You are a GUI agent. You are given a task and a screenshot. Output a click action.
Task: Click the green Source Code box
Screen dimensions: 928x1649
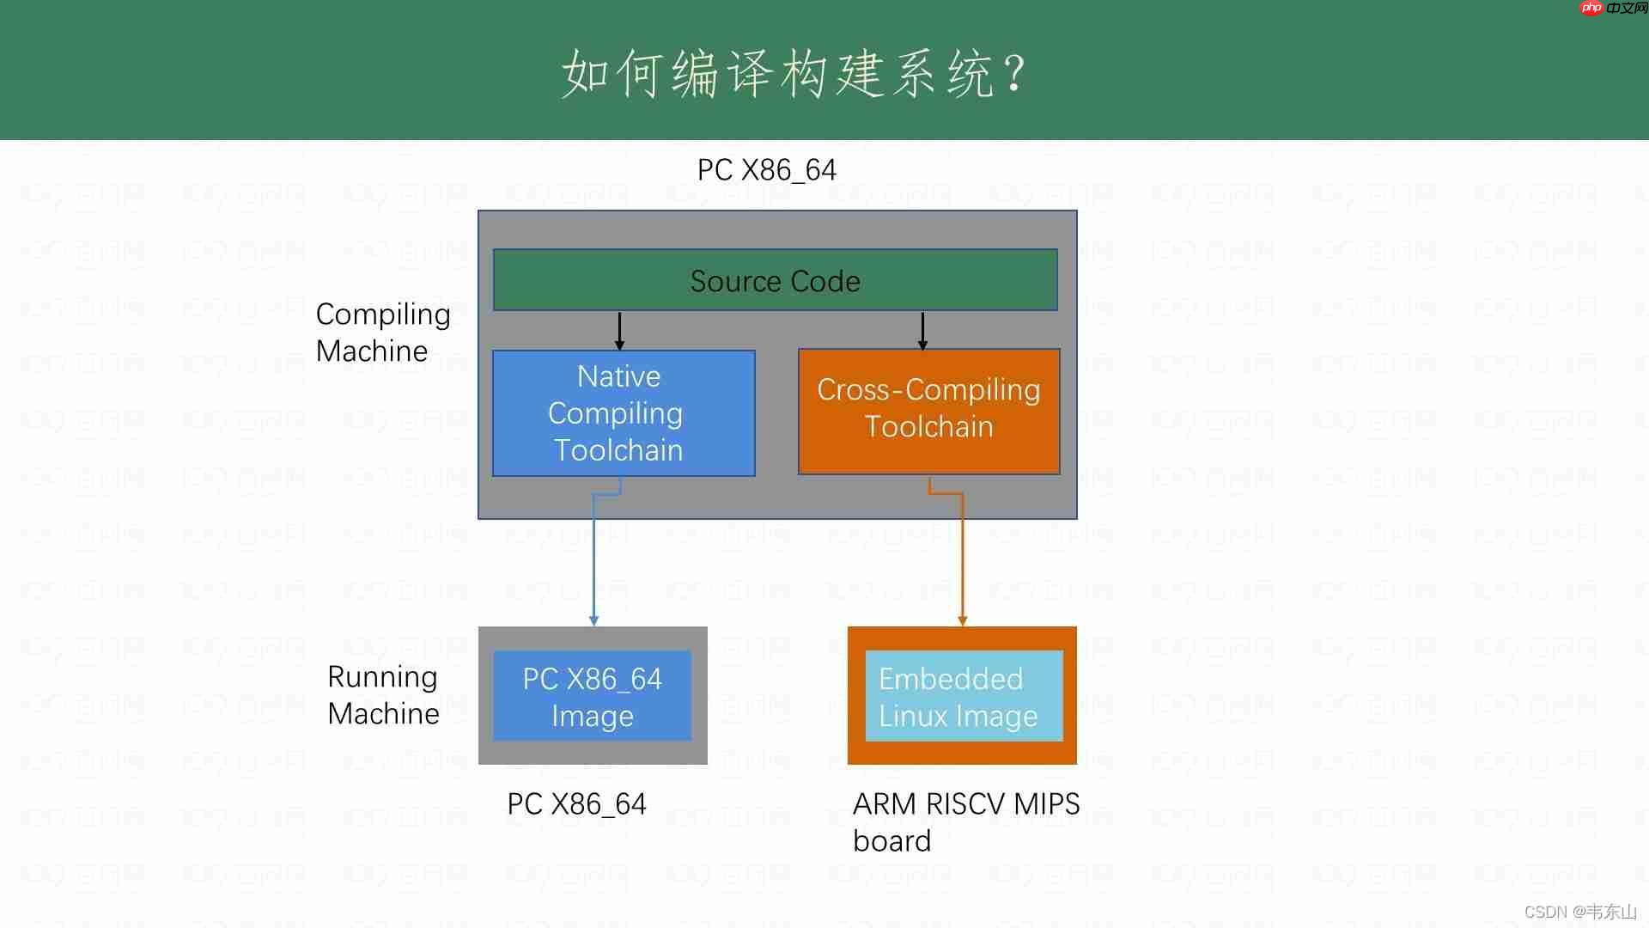[x=775, y=280]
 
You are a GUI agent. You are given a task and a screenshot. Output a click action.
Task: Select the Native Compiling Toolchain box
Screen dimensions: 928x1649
[x=623, y=413]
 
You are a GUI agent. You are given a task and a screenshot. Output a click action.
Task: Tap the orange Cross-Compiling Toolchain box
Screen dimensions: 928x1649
[x=928, y=411]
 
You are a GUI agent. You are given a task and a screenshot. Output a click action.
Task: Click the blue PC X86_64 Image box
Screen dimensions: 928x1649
[x=592, y=696]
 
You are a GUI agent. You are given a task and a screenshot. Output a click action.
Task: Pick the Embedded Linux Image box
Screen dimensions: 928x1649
[x=963, y=696]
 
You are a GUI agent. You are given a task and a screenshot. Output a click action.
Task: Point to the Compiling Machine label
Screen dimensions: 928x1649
[x=382, y=333]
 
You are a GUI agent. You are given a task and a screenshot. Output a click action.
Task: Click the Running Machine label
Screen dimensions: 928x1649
[x=383, y=695]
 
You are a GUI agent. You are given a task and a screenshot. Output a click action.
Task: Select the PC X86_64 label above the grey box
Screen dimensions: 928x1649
[x=766, y=170]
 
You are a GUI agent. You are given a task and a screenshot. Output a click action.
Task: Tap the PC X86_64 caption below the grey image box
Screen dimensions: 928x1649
[x=576, y=804]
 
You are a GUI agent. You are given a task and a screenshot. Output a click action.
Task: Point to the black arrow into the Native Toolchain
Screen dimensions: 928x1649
[x=619, y=331]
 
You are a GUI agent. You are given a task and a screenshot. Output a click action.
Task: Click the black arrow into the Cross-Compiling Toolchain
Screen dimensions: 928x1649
[x=922, y=331]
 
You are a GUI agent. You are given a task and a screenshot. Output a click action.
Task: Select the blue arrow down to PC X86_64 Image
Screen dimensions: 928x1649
[x=593, y=559]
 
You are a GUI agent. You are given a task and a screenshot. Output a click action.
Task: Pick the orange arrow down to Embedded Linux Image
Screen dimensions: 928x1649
[x=962, y=559]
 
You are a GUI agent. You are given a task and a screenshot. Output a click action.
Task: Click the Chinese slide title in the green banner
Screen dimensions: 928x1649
[x=777, y=74]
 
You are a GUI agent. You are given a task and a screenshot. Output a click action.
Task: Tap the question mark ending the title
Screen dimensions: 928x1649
[x=1014, y=74]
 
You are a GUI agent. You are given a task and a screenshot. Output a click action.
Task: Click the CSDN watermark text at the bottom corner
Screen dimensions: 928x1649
[x=1579, y=912]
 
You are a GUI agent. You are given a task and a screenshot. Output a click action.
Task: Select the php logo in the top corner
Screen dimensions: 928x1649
[x=1591, y=8]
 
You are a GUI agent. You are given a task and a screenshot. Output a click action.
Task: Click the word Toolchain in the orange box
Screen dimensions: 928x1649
[x=928, y=427]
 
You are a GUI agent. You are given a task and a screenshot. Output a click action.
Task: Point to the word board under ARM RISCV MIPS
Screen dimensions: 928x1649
[x=891, y=841]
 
